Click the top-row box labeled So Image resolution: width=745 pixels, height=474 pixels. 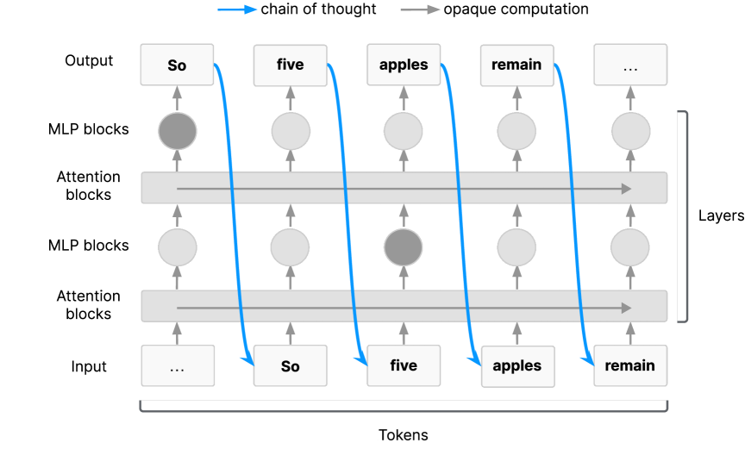tap(177, 65)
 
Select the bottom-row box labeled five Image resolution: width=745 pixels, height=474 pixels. tap(404, 365)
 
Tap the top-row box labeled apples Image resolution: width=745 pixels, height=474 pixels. tap(404, 65)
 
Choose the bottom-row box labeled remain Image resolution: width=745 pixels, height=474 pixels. tap(630, 365)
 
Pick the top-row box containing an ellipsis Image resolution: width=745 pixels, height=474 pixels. tap(630, 65)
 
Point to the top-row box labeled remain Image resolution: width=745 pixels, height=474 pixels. tap(516, 65)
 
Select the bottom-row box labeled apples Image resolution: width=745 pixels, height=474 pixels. tap(517, 365)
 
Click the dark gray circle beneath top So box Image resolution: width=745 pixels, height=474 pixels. tap(178, 131)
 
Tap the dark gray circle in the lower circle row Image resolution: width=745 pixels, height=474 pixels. tap(404, 248)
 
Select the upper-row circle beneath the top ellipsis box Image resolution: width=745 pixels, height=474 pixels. tap(630, 131)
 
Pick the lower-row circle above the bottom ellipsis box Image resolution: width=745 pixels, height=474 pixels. tap(178, 248)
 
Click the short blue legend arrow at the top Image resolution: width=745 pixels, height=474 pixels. tap(237, 9)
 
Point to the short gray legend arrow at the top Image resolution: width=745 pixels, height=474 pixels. tap(420, 9)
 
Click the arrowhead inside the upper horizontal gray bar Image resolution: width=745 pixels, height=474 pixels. tap(626, 189)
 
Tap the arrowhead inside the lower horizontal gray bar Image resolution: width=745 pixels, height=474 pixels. tap(626, 308)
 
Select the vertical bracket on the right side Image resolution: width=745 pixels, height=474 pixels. tap(686, 215)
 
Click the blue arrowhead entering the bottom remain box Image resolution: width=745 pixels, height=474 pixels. tap(591, 361)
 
